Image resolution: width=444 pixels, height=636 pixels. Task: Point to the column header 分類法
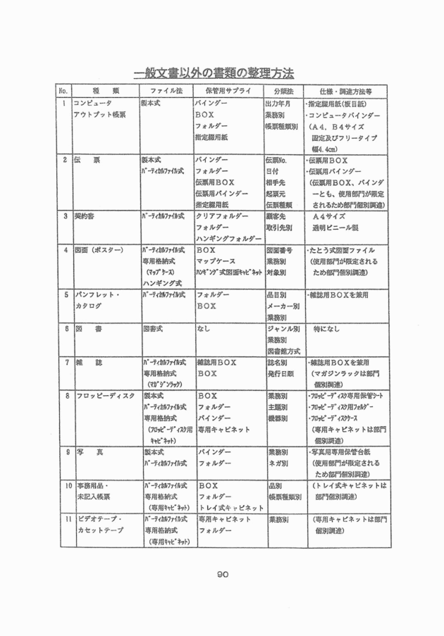282,92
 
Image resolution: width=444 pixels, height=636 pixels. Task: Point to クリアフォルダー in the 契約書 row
223,216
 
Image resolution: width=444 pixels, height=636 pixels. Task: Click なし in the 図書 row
205,328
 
